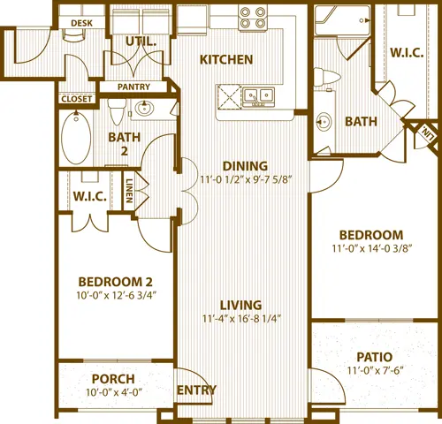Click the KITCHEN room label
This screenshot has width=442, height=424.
(226, 60)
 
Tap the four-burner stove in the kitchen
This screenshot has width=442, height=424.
(253, 18)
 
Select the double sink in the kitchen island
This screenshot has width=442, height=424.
(259, 96)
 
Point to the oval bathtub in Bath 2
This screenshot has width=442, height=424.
(76, 138)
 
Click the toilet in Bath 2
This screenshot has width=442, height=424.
(117, 111)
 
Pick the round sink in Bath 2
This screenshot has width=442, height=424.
(144, 109)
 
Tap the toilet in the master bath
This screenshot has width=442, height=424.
(326, 77)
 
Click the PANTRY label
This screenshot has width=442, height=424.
(133, 87)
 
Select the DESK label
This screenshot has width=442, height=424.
(81, 23)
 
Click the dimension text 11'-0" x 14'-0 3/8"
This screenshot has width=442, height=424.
(371, 248)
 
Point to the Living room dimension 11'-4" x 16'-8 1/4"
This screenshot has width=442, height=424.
(241, 319)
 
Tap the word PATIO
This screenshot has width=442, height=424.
(375, 357)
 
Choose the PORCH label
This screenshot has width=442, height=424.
(113, 379)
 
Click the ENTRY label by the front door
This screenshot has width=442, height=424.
(196, 390)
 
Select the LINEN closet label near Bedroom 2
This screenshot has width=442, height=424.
(129, 191)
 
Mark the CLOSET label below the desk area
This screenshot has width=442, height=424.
(77, 99)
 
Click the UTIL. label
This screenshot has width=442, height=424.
(141, 42)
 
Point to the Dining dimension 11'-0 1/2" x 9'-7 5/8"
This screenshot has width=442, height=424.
(246, 179)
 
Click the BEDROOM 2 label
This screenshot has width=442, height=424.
(116, 282)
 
